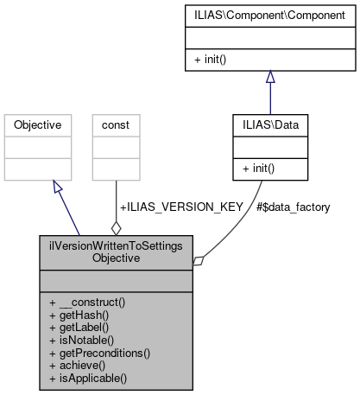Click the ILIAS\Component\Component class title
270,15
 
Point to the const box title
116,125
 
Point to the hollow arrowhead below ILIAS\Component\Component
270,76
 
